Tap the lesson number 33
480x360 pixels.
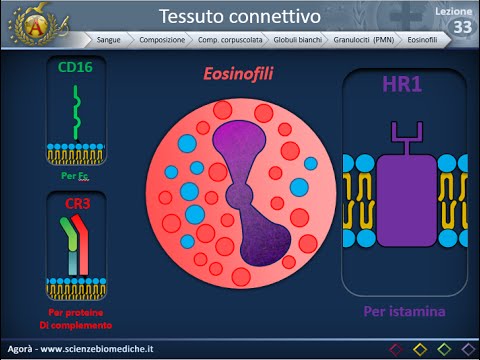coord(462,28)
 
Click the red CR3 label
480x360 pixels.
coord(78,204)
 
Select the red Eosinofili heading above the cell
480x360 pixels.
coord(238,73)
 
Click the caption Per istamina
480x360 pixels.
coord(404,312)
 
